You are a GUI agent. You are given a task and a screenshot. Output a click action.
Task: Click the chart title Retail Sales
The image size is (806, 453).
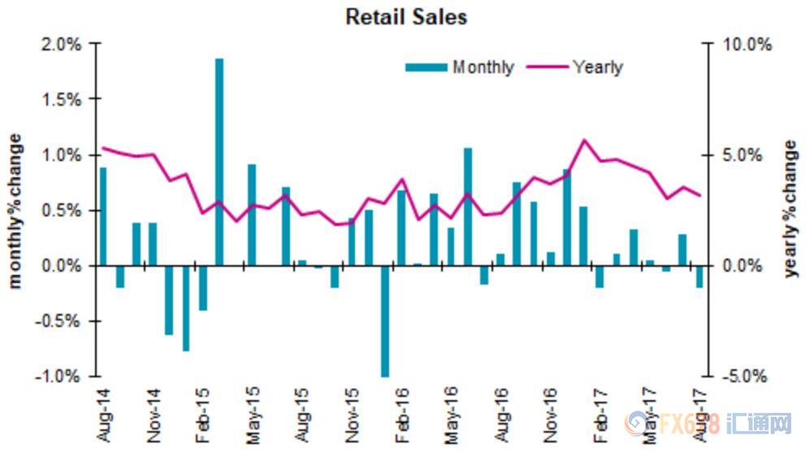click(x=406, y=16)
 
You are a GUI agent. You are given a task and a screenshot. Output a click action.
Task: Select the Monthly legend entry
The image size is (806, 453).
click(x=461, y=67)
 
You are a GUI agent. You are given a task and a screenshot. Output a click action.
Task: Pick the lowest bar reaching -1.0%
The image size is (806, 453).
click(x=385, y=321)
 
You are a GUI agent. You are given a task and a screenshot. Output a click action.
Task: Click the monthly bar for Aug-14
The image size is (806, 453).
click(x=103, y=216)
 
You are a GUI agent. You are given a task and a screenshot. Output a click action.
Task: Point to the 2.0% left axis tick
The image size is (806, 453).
click(x=62, y=44)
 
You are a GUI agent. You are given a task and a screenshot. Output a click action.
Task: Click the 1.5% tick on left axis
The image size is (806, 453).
click(x=62, y=99)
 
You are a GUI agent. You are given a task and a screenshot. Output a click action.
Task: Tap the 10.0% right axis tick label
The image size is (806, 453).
click(x=747, y=44)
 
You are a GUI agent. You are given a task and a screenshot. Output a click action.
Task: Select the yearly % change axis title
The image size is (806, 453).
click(x=791, y=209)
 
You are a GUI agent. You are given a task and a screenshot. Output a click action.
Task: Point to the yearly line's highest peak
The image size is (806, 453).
click(x=583, y=141)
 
